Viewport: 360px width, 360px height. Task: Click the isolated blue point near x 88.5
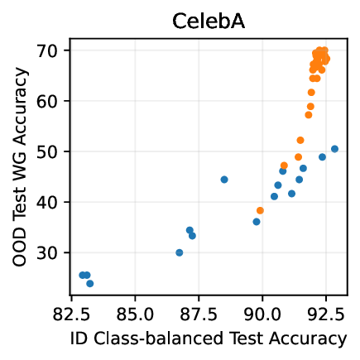[224, 180]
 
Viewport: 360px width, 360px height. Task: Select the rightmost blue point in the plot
[334, 149]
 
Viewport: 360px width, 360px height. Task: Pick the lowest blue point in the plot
[90, 284]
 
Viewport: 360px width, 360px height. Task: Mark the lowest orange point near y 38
[260, 210]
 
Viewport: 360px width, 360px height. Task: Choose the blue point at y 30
[180, 252]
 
